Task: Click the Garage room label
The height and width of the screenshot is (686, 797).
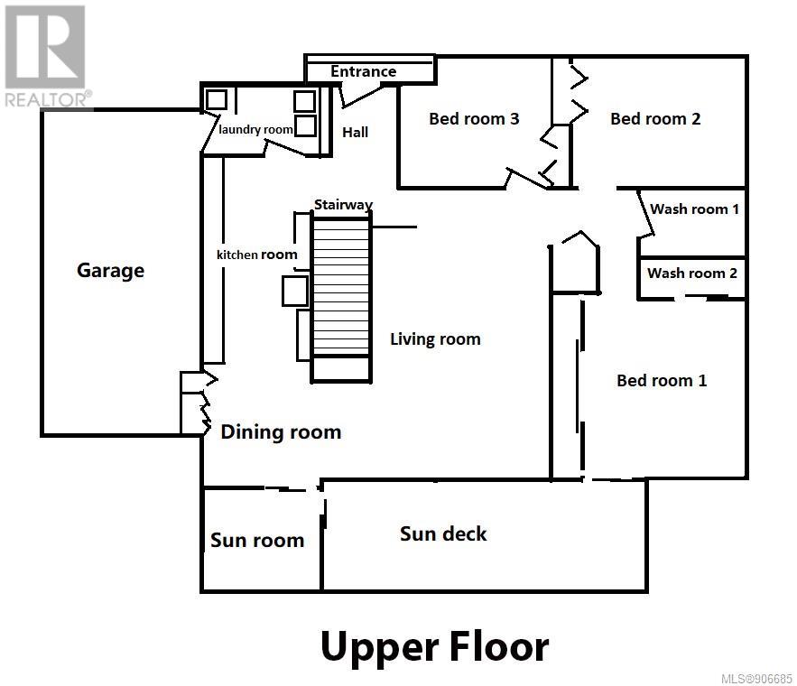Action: click(110, 270)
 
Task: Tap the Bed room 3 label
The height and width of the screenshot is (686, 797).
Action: click(474, 119)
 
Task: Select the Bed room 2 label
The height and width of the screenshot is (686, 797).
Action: click(655, 119)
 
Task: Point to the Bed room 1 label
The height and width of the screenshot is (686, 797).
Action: click(662, 381)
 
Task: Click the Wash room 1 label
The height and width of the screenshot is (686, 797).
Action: click(694, 209)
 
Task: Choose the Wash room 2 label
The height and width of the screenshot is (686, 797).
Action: click(691, 273)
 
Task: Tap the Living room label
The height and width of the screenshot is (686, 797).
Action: click(435, 339)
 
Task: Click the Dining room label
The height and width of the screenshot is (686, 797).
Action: click(281, 432)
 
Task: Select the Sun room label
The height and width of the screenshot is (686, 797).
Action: click(257, 540)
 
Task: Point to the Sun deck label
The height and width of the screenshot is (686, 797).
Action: click(443, 534)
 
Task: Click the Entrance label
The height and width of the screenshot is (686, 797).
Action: click(363, 71)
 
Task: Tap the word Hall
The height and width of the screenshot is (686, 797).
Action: click(355, 133)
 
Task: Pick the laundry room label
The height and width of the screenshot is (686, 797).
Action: click(255, 130)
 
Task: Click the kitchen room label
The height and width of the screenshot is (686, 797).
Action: click(256, 255)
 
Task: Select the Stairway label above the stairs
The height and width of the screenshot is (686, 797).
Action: click(343, 205)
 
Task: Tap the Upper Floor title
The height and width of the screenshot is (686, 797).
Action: click(435, 647)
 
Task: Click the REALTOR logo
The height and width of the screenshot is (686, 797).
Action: click(47, 56)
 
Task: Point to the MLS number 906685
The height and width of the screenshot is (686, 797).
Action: click(757, 679)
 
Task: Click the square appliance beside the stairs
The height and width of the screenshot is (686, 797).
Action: click(295, 292)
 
